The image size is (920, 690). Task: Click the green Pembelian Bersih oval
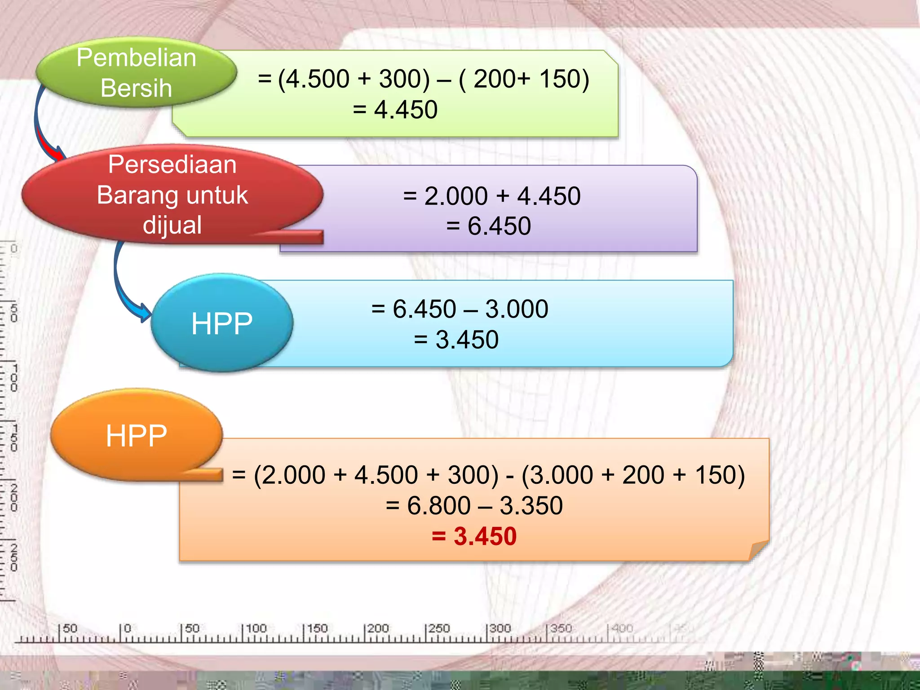(136, 72)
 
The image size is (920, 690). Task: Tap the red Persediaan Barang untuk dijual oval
(172, 195)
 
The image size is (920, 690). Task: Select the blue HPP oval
(222, 323)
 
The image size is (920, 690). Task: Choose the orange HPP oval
(137, 435)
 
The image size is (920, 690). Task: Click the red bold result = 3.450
(474, 536)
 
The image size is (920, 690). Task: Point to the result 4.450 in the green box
(406, 110)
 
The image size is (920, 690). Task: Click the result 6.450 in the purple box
(499, 226)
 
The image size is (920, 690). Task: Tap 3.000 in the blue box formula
(517, 309)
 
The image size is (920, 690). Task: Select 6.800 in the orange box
(438, 505)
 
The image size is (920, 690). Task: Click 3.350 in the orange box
(531, 505)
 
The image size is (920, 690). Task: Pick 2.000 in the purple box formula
(456, 196)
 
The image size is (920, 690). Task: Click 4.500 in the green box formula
(318, 79)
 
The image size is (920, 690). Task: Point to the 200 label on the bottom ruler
(378, 628)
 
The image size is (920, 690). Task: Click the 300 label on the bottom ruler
(500, 628)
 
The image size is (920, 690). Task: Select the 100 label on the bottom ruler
(256, 628)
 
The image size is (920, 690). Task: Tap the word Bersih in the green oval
(136, 88)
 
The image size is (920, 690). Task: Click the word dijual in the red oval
(172, 225)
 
